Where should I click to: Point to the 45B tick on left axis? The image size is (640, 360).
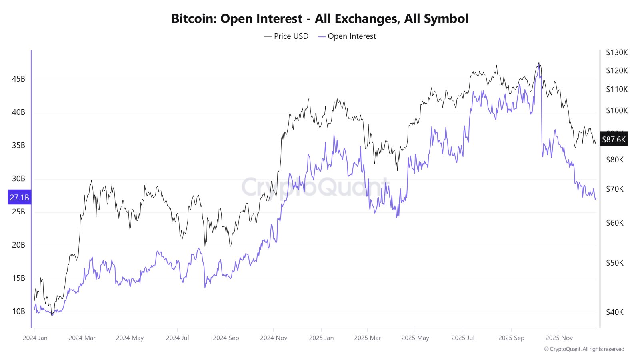coord(18,79)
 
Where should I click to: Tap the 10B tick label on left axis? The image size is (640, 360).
coord(18,311)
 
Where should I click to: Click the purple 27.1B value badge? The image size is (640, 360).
coord(19,198)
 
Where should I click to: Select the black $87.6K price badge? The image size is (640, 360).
coord(614,139)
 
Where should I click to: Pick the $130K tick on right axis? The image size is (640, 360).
coord(617,52)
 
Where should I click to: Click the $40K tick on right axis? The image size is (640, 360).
coord(615,312)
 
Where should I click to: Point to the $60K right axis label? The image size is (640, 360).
coord(615,223)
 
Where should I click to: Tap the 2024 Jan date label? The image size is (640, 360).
coord(35,338)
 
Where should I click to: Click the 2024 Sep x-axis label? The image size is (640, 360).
coord(226,338)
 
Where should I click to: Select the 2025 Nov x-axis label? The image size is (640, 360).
coord(559,338)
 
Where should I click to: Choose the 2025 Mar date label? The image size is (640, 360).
coord(367,338)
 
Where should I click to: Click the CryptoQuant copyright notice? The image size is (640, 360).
coord(584,349)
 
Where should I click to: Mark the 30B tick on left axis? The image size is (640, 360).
coord(18,178)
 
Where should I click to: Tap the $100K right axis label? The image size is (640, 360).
coord(617,110)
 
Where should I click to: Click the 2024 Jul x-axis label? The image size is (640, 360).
coord(177,338)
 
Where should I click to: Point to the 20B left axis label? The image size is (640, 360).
coord(18,245)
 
